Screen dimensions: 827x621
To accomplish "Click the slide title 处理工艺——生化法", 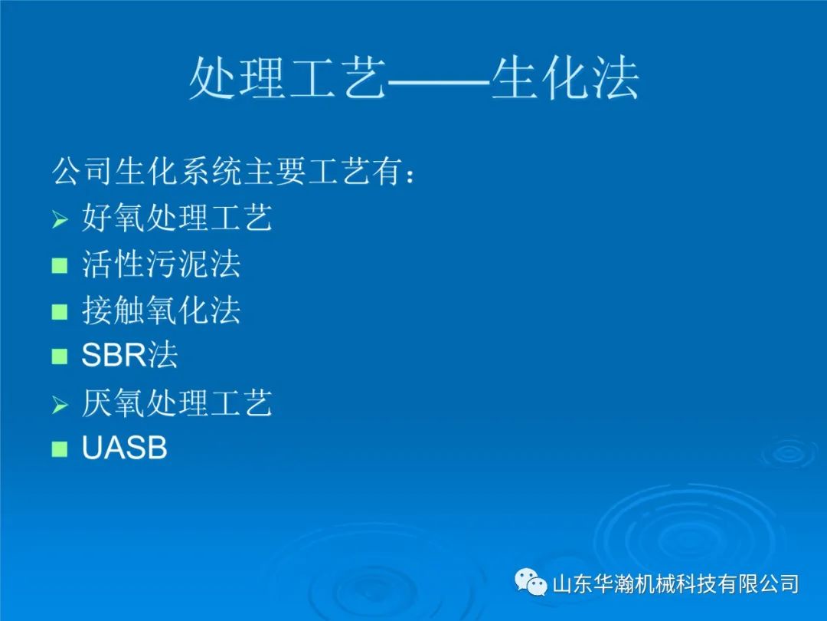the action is pyautogui.click(x=414, y=79).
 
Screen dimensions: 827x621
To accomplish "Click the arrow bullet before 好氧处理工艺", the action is pyautogui.click(x=60, y=219).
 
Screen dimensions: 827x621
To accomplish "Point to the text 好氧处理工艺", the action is pyautogui.click(x=177, y=217).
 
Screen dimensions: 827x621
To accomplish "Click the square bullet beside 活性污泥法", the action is pyautogui.click(x=60, y=265).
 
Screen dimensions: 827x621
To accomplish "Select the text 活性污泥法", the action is pyautogui.click(x=162, y=264).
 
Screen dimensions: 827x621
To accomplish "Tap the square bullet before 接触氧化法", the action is pyautogui.click(x=60, y=311).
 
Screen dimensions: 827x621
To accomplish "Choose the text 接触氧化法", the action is pyautogui.click(x=162, y=310).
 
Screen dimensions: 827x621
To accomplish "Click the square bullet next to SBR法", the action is pyautogui.click(x=60, y=356).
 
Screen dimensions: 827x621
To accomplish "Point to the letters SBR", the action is pyautogui.click(x=113, y=355).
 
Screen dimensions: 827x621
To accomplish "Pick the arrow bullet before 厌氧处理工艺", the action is pyautogui.click(x=60, y=405).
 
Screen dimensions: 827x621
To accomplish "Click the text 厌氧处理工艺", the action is pyautogui.click(x=177, y=403).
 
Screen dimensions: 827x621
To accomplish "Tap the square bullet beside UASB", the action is pyautogui.click(x=60, y=449).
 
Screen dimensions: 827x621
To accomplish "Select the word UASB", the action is pyautogui.click(x=125, y=448).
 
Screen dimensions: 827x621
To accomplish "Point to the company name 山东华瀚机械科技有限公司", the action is pyautogui.click(x=675, y=584).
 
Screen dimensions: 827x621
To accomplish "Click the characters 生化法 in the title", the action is pyautogui.click(x=565, y=79).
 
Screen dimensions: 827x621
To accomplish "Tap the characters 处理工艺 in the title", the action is pyautogui.click(x=288, y=79).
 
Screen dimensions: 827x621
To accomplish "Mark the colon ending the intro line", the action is pyautogui.click(x=410, y=175).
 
